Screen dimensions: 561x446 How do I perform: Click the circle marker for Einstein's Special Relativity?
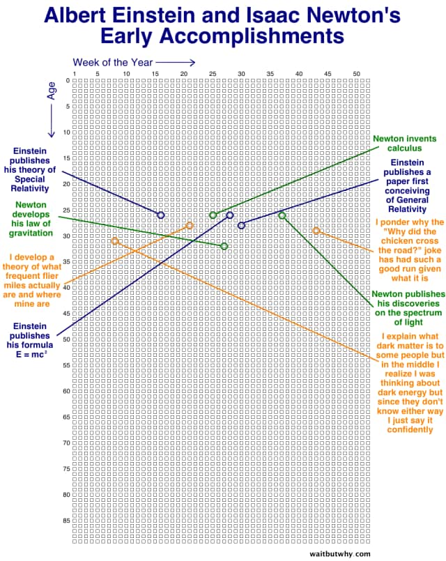tap(161, 215)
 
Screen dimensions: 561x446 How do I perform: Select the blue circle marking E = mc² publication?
tap(230, 215)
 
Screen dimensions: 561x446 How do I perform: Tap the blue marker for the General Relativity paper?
tap(241, 225)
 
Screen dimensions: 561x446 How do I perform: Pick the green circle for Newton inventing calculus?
tap(213, 215)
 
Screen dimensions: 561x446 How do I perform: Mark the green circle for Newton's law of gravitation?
tap(224, 246)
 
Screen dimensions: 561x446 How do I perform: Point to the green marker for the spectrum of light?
tap(282, 215)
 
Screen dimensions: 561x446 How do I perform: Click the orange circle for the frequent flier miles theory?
tap(190, 225)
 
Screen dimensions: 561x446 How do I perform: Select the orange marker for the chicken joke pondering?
tap(316, 231)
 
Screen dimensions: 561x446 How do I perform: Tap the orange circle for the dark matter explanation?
tap(115, 240)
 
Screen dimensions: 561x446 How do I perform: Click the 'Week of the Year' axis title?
tap(113, 63)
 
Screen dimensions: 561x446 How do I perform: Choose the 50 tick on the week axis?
tap(357, 74)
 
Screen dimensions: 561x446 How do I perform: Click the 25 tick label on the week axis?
tap(213, 74)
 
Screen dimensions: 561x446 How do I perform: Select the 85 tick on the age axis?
tap(66, 521)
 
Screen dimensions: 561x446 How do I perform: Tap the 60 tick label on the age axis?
tap(66, 391)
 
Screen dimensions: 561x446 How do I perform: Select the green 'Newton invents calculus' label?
tap(404, 143)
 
